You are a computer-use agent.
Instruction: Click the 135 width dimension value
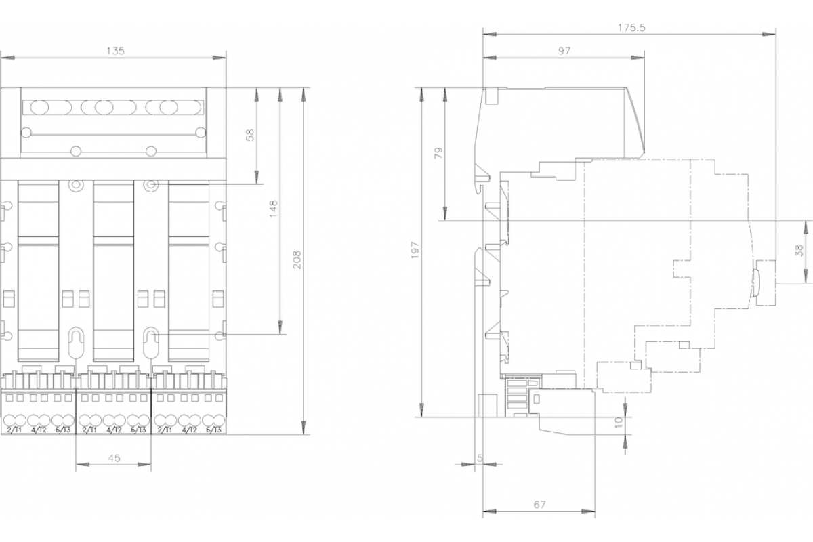pos(115,51)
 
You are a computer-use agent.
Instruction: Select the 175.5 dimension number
pos(632,28)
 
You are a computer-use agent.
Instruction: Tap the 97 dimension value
pos(564,51)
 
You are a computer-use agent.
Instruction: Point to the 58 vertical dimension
pos(251,135)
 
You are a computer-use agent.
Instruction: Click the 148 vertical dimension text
pos(273,209)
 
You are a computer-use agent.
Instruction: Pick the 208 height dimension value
pos(297,259)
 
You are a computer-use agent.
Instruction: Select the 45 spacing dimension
pos(114,458)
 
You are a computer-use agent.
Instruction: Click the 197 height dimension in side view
pos(415,250)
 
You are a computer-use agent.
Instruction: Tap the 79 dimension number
pos(439,153)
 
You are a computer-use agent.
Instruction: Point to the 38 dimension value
pos(799,251)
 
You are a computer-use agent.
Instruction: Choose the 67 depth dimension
pos(539,505)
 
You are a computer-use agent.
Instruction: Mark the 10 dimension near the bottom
pos(619,423)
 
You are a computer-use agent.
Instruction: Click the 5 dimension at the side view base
pos(480,458)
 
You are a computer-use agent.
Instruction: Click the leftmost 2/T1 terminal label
pos(14,430)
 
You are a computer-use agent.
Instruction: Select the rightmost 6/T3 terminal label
pos(213,430)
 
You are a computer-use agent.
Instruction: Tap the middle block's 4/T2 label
pos(114,430)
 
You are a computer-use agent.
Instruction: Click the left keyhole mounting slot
pos(76,343)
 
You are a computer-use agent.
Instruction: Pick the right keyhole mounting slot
pos(151,343)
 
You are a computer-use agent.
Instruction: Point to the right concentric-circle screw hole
pos(151,185)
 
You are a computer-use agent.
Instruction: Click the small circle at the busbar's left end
pos(26,133)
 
